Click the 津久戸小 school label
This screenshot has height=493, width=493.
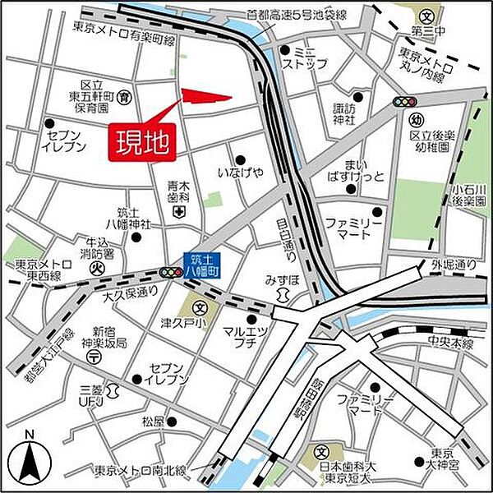click(180, 322)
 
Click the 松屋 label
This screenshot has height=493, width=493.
click(153, 422)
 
